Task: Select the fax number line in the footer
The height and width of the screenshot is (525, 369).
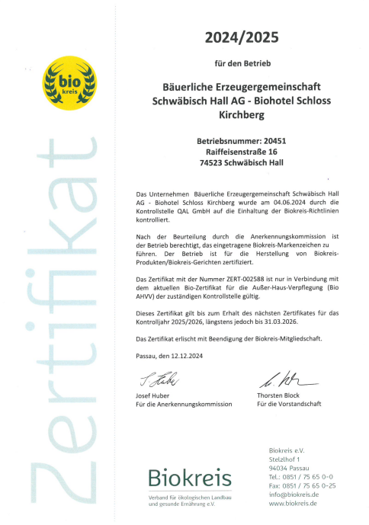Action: pos(303,485)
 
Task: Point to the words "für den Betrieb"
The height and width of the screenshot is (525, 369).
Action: pos(240,61)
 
